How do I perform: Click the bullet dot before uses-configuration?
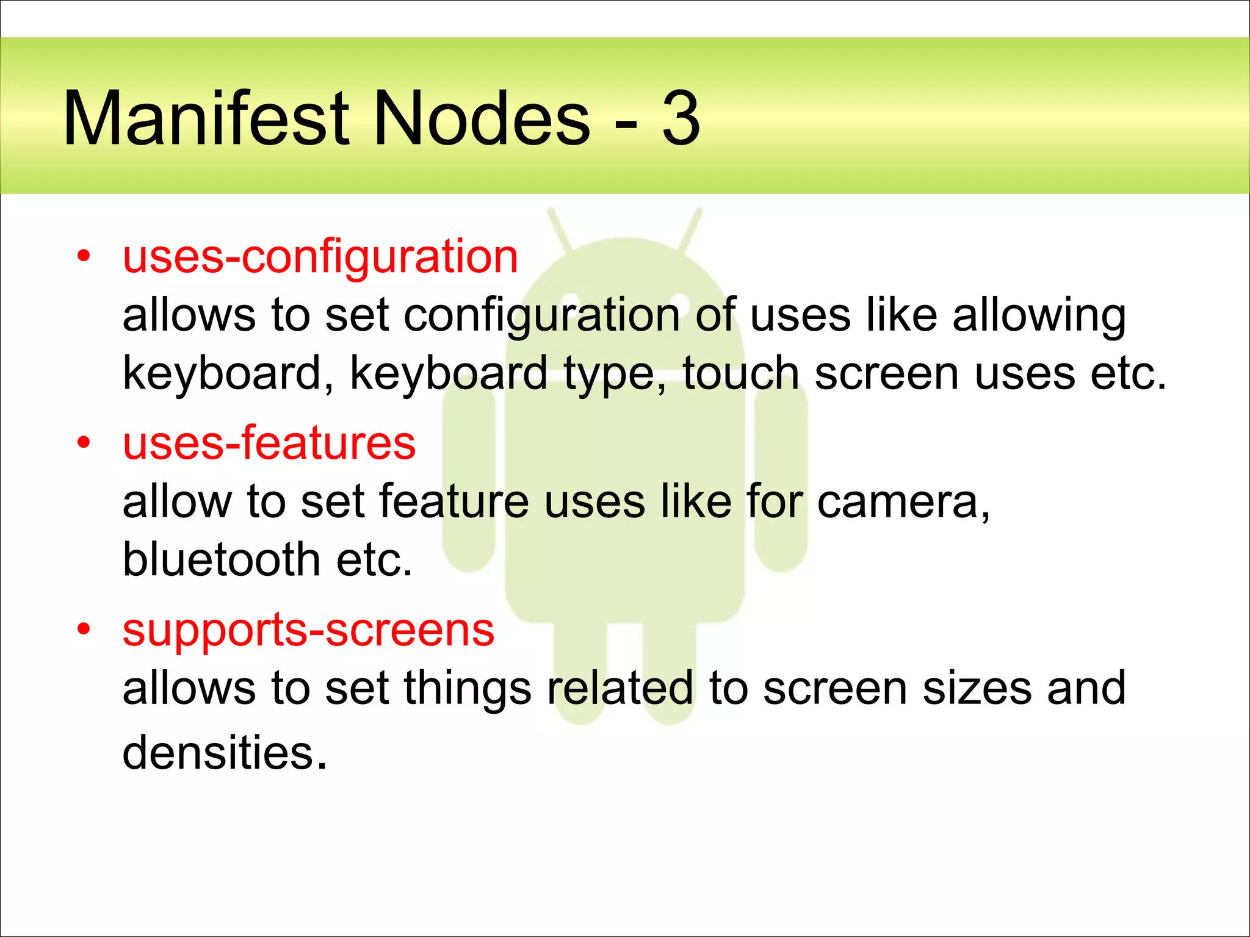coord(84,256)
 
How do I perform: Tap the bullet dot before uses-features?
coord(84,443)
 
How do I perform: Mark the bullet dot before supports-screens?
coord(84,630)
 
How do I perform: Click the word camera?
coord(903,502)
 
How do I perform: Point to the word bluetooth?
coord(222,560)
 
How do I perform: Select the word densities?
coord(225,753)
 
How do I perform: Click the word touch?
coord(740,373)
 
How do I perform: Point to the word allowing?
coord(1039,316)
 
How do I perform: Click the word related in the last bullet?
coord(620,688)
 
